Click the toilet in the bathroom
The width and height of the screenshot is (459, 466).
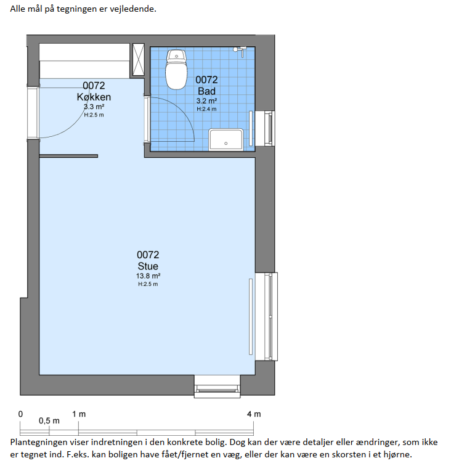coord(176,70)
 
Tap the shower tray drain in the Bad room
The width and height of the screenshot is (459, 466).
coord(225,144)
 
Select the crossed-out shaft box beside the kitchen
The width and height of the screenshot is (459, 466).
coord(139,59)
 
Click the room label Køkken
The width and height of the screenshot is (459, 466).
coord(94,97)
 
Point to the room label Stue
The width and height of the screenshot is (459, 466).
coord(148,266)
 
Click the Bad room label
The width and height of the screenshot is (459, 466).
coord(206,91)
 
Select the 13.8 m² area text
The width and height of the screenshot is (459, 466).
coord(148,276)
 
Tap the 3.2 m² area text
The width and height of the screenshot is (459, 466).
coord(206,100)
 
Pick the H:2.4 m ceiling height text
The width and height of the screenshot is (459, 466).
coord(206,109)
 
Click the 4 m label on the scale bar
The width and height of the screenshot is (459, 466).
coord(254,414)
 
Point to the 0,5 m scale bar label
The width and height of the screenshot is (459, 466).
coord(49,421)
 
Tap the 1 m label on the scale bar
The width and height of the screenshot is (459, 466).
coord(79,414)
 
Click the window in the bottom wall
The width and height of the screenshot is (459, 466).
coord(217,386)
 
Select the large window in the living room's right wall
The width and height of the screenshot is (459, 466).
coord(266,317)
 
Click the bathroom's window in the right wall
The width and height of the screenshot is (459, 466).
coord(265,128)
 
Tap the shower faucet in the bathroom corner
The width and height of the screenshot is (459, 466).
coord(240,51)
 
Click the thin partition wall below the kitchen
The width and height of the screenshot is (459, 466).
coord(68,156)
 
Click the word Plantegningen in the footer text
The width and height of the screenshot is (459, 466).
coord(35,443)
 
